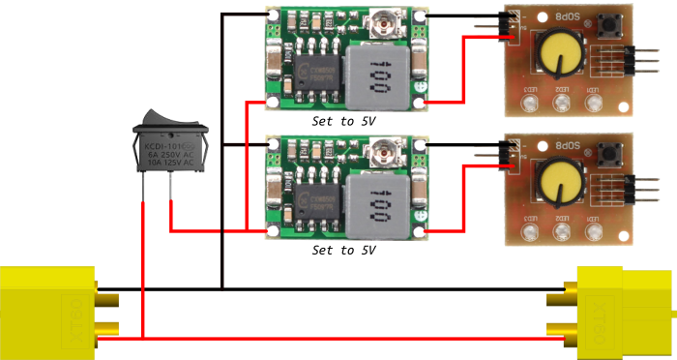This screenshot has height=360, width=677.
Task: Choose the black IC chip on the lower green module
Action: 320,199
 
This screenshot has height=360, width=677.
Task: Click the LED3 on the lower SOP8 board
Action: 526,227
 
